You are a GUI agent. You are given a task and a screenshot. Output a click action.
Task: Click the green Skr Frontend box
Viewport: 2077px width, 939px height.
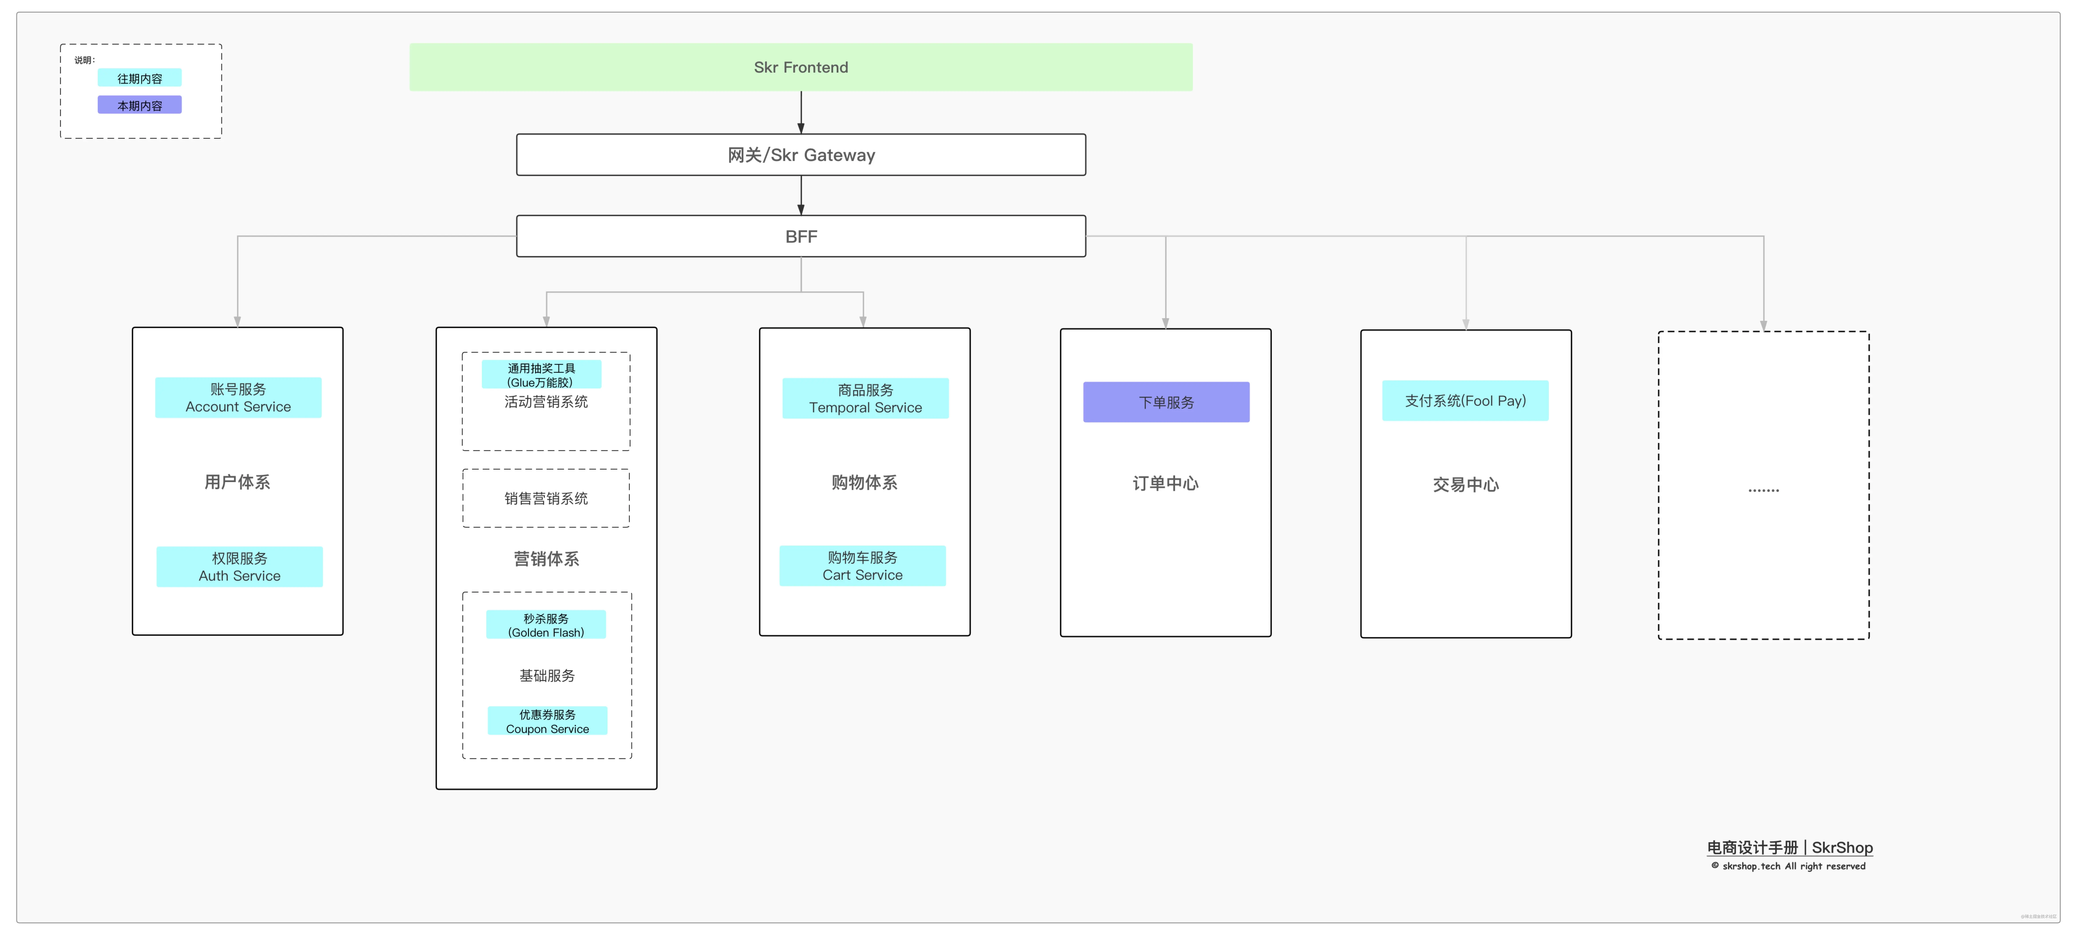point(801,67)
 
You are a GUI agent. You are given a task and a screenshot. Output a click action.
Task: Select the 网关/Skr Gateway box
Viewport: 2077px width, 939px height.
point(801,155)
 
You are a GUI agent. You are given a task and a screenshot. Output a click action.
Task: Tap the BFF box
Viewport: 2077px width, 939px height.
point(801,236)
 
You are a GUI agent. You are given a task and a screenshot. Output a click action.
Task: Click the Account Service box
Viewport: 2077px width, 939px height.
point(238,397)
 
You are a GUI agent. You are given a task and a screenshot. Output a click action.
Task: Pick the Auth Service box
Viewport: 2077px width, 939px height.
point(239,567)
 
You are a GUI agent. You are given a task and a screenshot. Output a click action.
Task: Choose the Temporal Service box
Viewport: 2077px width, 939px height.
point(865,398)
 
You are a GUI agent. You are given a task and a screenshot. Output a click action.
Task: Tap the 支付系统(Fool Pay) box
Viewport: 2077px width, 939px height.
point(1465,401)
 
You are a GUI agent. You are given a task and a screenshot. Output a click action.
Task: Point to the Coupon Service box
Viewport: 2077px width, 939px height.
point(548,721)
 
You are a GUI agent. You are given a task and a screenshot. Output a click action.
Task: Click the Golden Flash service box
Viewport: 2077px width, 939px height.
point(546,625)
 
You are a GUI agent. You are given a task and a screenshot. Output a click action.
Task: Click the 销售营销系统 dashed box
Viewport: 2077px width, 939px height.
point(546,498)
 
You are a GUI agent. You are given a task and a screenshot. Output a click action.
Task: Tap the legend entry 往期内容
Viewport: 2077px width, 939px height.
point(139,78)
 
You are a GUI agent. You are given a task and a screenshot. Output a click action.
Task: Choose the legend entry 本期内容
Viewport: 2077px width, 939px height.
point(139,105)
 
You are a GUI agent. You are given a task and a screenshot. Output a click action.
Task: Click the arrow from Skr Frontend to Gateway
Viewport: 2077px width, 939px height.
point(801,112)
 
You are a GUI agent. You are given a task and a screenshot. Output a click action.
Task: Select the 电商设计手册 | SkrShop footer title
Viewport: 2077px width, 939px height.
point(1789,847)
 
